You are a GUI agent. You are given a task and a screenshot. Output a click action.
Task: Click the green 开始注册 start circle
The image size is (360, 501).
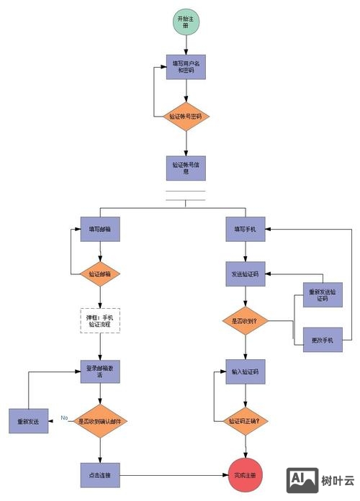(186, 22)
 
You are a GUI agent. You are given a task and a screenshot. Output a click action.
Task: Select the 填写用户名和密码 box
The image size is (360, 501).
(186, 68)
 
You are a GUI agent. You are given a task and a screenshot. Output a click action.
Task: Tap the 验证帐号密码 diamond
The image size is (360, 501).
(186, 116)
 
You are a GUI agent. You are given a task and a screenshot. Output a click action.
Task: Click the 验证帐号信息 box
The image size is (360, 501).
(186, 168)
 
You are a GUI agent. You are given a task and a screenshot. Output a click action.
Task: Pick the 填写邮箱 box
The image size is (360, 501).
(100, 229)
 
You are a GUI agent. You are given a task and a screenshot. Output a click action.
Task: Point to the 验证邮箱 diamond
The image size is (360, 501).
(100, 274)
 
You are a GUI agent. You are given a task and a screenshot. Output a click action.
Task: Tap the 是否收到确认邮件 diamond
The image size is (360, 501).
(100, 420)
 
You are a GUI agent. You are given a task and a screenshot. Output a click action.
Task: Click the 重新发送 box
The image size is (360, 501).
(29, 420)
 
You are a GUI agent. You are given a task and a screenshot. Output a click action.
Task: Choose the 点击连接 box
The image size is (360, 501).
(100, 475)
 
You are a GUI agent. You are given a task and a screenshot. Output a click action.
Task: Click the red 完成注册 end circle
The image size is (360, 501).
(245, 475)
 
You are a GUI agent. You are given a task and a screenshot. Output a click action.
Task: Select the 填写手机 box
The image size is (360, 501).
(245, 229)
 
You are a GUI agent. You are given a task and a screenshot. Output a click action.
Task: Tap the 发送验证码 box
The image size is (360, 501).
(245, 274)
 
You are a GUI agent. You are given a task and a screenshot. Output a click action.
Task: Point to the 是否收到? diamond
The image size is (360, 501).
(245, 321)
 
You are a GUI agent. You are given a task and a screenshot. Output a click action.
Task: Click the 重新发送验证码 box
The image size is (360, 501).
(318, 294)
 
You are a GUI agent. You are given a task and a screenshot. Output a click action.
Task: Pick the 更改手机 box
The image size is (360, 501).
(318, 340)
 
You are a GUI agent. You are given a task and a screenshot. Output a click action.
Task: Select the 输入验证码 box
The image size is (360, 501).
(245, 372)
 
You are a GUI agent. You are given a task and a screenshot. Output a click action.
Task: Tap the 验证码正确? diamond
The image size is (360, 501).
(245, 420)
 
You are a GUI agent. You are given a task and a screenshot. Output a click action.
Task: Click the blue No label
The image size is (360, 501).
(64, 417)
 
